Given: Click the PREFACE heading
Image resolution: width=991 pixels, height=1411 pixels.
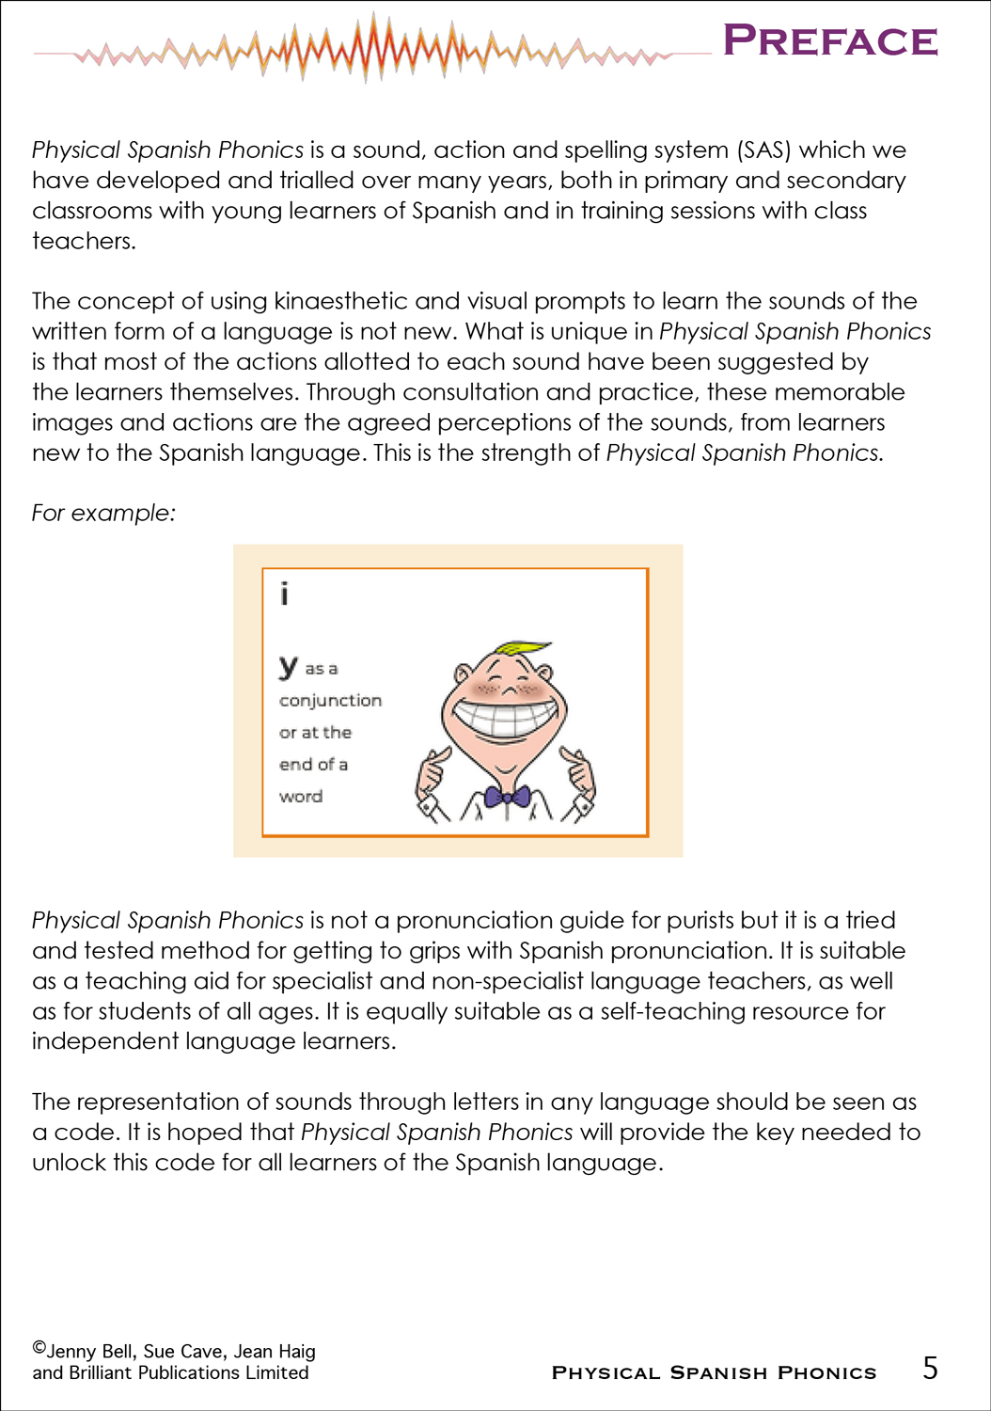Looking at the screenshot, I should click(x=830, y=41).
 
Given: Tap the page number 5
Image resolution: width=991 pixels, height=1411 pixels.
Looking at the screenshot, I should click(x=930, y=1368).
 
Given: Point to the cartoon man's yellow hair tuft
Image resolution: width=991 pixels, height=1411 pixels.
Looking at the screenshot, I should click(x=523, y=648).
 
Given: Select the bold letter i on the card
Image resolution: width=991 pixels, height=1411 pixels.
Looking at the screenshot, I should click(x=284, y=594).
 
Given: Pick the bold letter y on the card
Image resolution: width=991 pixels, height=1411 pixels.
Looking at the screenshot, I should click(x=288, y=666).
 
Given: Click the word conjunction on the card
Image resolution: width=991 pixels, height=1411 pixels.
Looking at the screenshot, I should click(x=330, y=701).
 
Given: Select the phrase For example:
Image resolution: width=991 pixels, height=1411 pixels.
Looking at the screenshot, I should click(x=103, y=513).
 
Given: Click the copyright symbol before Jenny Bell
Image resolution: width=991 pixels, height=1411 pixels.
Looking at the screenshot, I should click(x=39, y=1347).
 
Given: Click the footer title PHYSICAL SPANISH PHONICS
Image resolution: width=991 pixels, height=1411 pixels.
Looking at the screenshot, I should click(x=714, y=1373).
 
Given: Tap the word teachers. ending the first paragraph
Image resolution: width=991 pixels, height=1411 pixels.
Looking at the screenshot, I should click(x=84, y=241).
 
